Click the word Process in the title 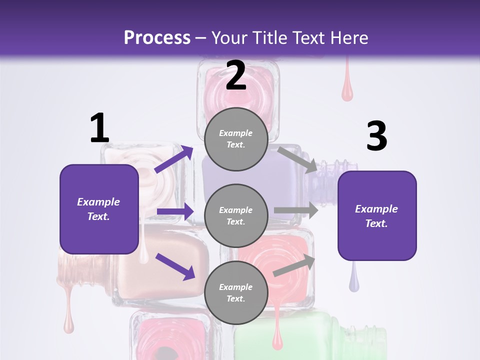coord(157,37)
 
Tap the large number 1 coord(99,128)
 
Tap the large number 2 coord(236,76)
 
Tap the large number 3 coord(376,136)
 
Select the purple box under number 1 coord(99,209)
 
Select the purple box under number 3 coord(377,216)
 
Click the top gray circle coord(236,139)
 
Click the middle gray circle coord(236,216)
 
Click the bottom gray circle coord(236,293)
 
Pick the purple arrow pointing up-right coord(174,159)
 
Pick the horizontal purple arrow coord(175,211)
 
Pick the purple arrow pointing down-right coord(175,266)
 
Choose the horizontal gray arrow coord(295,210)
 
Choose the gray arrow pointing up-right coord(294,265)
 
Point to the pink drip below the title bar coord(347,88)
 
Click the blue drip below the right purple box coord(354,280)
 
